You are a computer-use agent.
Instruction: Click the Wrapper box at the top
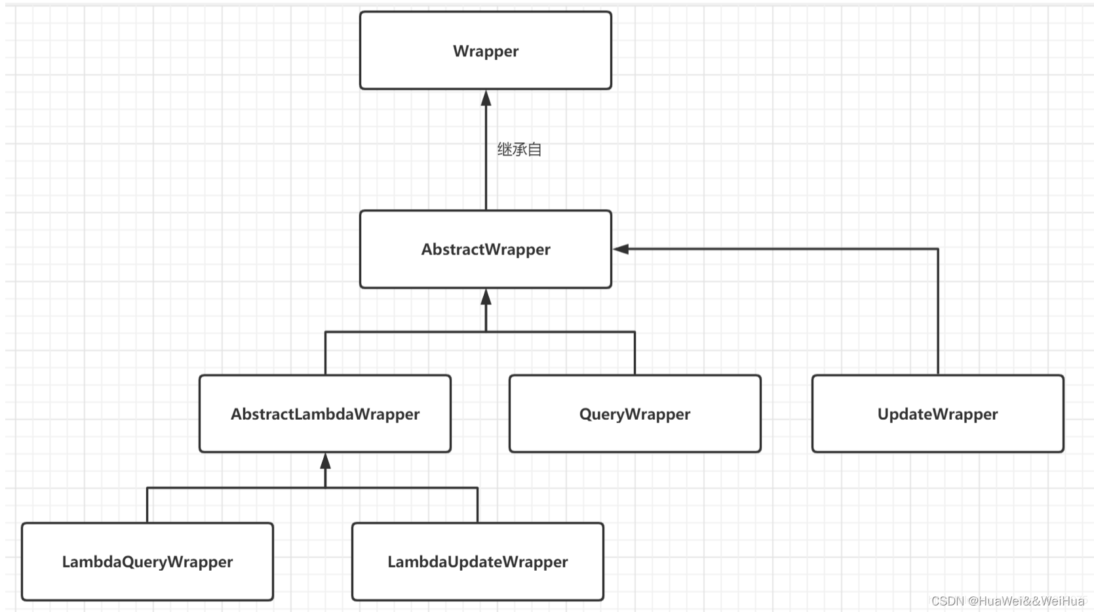485,51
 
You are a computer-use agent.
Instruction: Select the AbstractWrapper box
485,249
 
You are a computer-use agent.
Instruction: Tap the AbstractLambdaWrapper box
324,414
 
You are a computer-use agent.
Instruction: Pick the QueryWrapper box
635,414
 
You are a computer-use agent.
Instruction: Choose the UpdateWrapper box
937,414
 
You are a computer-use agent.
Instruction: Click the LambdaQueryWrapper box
147,561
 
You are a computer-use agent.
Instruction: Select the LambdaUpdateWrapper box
477,561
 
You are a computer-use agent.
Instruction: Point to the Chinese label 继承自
519,150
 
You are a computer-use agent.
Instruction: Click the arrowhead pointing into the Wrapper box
486,98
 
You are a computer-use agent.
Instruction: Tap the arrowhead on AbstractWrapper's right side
621,249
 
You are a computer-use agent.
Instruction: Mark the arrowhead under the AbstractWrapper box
486,298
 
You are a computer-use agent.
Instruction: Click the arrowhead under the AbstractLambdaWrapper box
325,461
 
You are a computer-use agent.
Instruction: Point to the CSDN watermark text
1007,601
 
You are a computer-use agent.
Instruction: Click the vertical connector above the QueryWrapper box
635,353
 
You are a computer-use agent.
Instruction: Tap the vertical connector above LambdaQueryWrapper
147,505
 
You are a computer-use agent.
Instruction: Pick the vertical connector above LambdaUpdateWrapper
477,505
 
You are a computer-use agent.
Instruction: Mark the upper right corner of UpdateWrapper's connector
938,249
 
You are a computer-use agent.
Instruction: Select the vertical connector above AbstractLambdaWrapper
325,353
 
